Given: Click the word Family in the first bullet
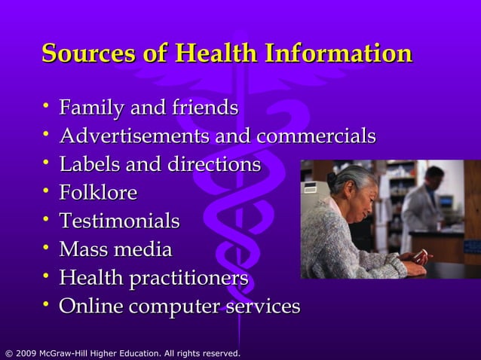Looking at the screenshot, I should coord(92,108).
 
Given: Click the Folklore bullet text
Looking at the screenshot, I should coord(98,193).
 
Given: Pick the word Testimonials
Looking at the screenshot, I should coord(119,221).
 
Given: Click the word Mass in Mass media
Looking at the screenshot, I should coord(81,249).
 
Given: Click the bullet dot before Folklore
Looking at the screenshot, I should coord(47,191).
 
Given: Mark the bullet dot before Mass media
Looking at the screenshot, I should coord(47,248).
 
